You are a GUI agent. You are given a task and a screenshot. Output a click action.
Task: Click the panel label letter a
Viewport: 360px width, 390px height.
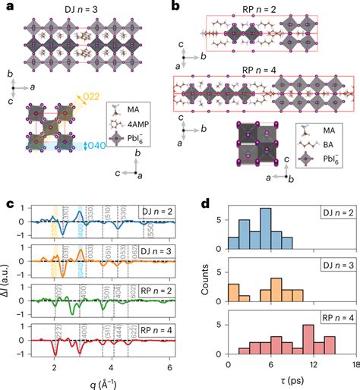coord(7,6)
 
